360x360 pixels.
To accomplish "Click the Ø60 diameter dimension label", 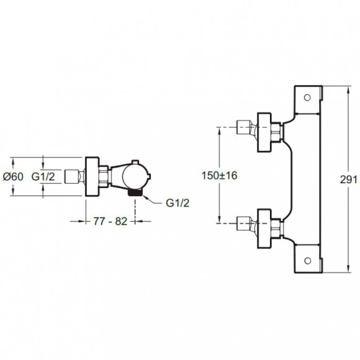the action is (13, 176).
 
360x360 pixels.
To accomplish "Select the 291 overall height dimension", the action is (349, 179).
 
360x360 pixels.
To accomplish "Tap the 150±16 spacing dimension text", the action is (219, 176).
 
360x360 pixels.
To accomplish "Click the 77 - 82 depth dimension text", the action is (110, 221).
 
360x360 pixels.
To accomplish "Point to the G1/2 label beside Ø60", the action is (43, 176).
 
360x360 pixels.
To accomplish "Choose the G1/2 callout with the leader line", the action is (178, 203).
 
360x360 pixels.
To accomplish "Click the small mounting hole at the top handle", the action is (307, 97).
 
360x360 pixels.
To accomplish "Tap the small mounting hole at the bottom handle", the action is (307, 261).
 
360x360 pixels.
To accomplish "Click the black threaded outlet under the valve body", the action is (135, 192).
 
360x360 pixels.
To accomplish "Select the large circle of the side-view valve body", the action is (134, 176).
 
